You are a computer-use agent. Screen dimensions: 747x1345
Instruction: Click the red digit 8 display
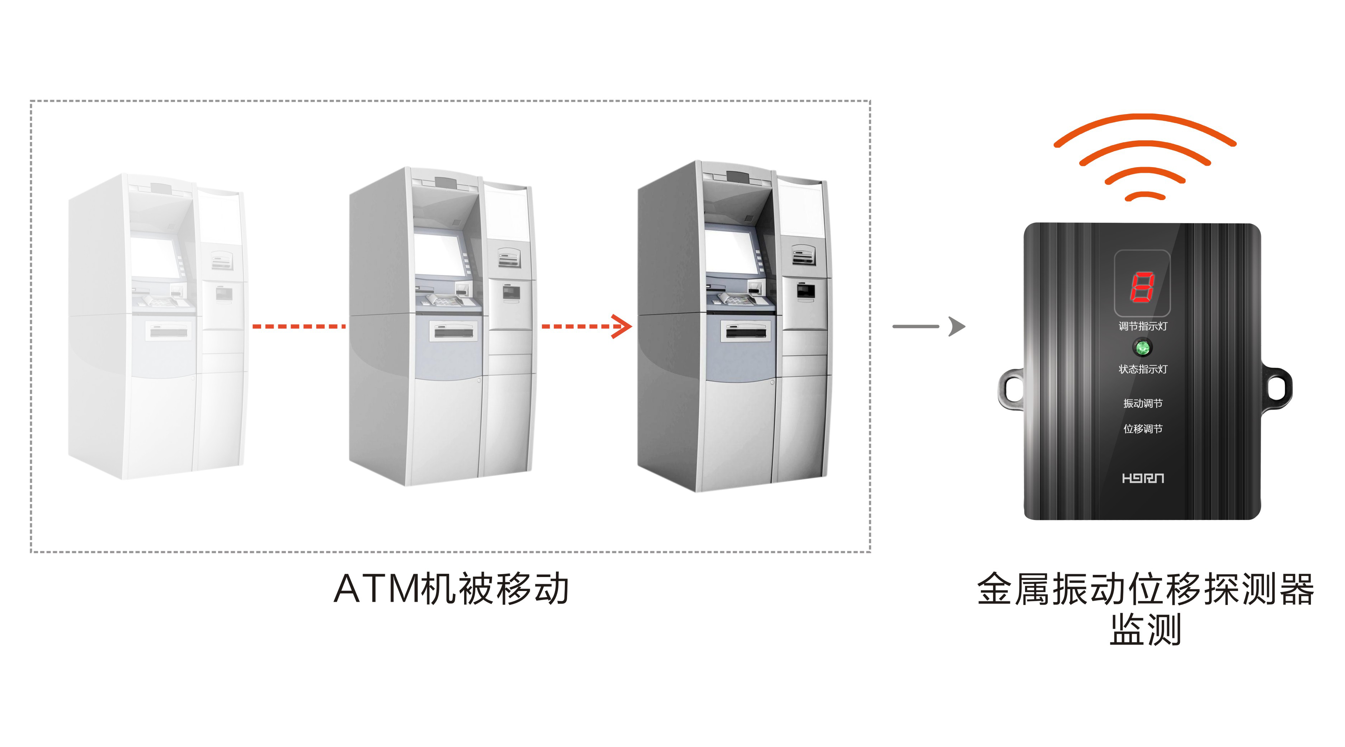tap(1142, 286)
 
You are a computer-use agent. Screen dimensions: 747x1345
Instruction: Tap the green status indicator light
tap(1142, 347)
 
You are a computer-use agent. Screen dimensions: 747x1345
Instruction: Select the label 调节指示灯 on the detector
tap(1142, 326)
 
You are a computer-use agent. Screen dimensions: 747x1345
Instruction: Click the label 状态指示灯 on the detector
tap(1142, 369)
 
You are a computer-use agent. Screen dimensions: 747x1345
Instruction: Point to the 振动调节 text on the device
tap(1142, 403)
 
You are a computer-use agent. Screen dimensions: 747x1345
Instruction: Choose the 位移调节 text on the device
tap(1142, 429)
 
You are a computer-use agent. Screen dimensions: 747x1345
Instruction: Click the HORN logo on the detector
tap(1142, 478)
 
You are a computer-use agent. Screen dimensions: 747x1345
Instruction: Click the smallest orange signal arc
tap(1145, 196)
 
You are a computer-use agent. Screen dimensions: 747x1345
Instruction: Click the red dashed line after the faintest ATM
tap(299, 327)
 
